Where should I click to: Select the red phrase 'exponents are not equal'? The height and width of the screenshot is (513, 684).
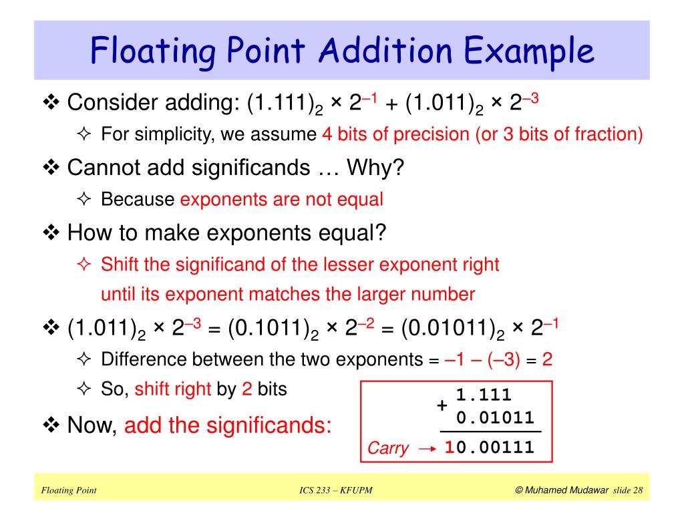click(x=282, y=199)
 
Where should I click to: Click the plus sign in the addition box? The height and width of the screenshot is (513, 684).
click(x=442, y=406)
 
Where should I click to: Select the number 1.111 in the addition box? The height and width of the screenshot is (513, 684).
click(x=484, y=395)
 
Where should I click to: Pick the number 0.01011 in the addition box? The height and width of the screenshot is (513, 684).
click(x=496, y=418)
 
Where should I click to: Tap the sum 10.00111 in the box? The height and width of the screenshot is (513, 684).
click(x=490, y=448)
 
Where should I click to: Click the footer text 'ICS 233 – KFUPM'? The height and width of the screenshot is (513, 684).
click(x=336, y=491)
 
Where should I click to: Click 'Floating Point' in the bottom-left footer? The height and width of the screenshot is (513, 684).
click(x=69, y=491)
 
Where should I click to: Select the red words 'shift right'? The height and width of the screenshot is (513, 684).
click(x=173, y=389)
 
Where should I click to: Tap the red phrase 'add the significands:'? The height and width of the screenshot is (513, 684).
click(x=228, y=425)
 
